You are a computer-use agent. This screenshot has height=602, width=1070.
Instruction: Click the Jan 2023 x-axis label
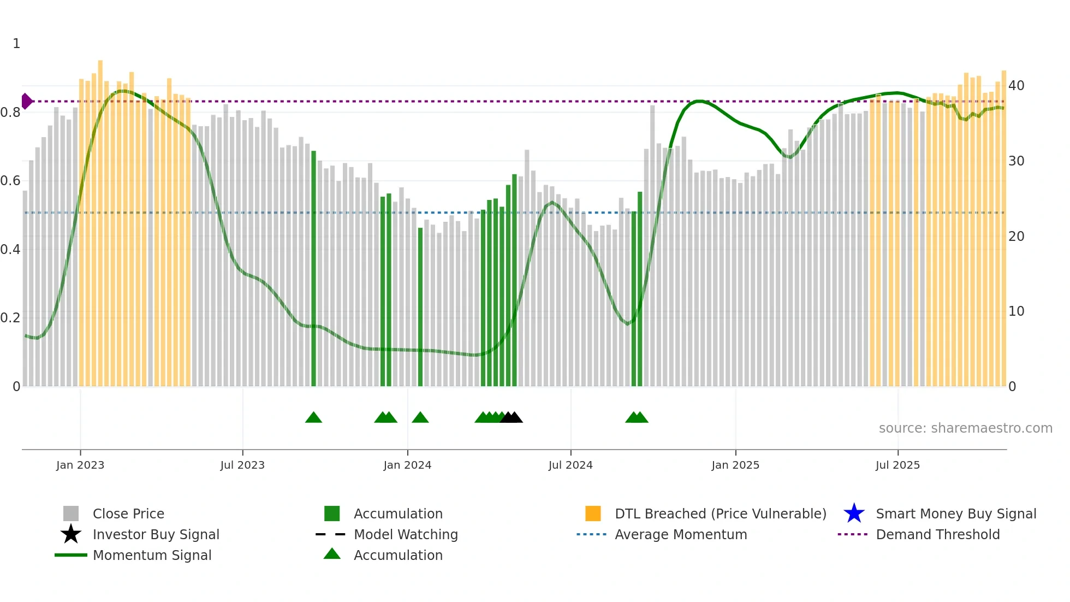tap(80, 465)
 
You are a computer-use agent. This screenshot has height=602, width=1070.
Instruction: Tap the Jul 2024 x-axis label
tap(570, 465)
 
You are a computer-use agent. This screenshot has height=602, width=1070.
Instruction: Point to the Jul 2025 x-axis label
tap(897, 465)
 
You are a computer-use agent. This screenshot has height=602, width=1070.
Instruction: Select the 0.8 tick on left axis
tap(10, 113)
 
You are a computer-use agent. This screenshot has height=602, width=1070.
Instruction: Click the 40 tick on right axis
tap(1016, 86)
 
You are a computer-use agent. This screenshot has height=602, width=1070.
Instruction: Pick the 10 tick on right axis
tap(1016, 311)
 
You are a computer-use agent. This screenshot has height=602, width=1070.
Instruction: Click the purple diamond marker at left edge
tap(26, 101)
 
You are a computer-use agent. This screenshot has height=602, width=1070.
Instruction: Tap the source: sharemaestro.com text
tap(965, 428)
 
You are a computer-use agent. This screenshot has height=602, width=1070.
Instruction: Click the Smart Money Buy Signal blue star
tap(854, 514)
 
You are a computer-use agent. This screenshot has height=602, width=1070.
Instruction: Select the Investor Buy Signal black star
tap(71, 534)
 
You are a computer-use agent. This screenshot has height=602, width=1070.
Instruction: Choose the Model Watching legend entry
tap(405, 534)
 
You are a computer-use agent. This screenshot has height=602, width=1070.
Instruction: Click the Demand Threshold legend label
tap(937, 534)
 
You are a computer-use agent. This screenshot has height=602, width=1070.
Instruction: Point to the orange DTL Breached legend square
tap(593, 514)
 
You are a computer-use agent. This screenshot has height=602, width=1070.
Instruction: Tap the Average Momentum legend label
tap(681, 534)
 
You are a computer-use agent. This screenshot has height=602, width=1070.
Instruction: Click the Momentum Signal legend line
tap(71, 555)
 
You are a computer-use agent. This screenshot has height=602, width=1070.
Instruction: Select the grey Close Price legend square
tap(71, 514)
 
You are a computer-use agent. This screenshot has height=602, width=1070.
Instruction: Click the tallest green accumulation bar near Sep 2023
tap(313, 268)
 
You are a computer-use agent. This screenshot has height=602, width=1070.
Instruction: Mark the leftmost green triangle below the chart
tap(313, 418)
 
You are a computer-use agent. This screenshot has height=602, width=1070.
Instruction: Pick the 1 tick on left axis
tap(16, 44)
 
